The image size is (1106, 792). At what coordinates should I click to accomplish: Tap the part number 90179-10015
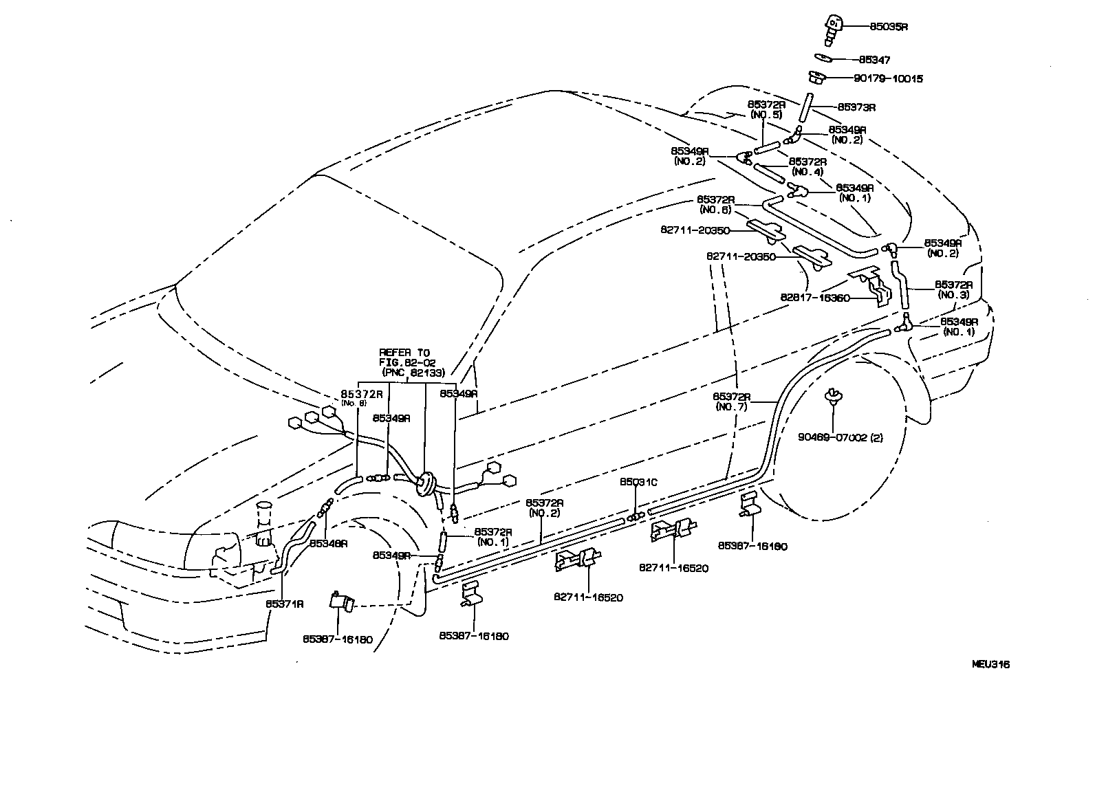pyautogui.click(x=888, y=78)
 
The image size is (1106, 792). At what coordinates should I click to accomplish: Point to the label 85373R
pyautogui.click(x=856, y=107)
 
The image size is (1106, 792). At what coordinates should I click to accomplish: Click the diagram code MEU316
pyautogui.click(x=990, y=664)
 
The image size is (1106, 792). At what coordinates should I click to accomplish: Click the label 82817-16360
pyautogui.click(x=815, y=298)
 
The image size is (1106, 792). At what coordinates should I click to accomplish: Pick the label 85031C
pyautogui.click(x=638, y=482)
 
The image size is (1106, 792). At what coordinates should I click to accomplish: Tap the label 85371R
pyautogui.click(x=285, y=603)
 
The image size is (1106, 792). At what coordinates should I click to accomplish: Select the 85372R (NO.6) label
pyautogui.click(x=715, y=203)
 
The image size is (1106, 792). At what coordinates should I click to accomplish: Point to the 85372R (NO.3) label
pyautogui.click(x=953, y=289)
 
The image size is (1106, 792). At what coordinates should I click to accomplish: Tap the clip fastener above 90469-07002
pyautogui.click(x=833, y=395)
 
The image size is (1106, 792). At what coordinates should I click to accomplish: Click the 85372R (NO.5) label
pyautogui.click(x=766, y=109)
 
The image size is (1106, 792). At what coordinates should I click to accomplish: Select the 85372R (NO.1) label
pyautogui.click(x=492, y=536)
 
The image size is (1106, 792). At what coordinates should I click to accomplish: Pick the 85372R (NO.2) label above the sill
pyautogui.click(x=545, y=507)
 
